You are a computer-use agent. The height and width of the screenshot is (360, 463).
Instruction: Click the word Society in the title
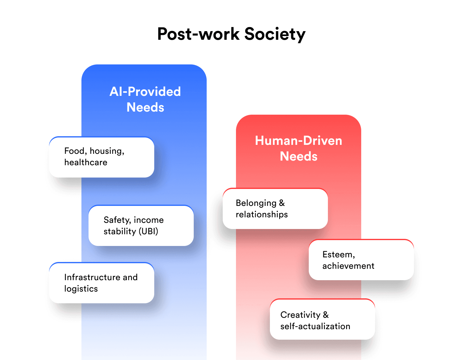(x=275, y=34)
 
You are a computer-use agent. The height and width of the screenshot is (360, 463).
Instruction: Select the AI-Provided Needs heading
(x=145, y=99)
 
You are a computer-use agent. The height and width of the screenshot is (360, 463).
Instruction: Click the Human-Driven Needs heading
(x=299, y=148)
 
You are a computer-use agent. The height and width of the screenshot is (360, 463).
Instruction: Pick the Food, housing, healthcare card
(x=101, y=157)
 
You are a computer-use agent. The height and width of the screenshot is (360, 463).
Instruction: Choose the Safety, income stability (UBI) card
(x=141, y=226)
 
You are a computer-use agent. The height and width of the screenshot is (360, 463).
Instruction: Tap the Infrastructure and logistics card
(x=101, y=283)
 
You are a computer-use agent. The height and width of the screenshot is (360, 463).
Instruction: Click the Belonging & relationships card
(x=275, y=209)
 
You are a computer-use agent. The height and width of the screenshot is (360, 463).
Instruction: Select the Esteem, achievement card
(x=361, y=260)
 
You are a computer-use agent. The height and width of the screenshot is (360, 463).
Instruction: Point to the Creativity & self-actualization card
(x=322, y=320)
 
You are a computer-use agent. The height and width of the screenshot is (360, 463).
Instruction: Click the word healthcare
(x=86, y=162)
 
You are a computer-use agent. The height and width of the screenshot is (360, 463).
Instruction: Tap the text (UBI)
(x=148, y=231)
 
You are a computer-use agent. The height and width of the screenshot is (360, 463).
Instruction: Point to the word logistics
(x=81, y=289)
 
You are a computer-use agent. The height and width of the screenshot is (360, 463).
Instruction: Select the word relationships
(x=262, y=215)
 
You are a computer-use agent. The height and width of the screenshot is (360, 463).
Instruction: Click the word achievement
(x=348, y=266)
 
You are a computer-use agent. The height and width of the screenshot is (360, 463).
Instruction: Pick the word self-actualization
(x=315, y=326)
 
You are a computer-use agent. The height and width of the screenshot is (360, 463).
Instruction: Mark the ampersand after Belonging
(x=282, y=203)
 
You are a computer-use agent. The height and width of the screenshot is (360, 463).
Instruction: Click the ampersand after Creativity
(x=326, y=315)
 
